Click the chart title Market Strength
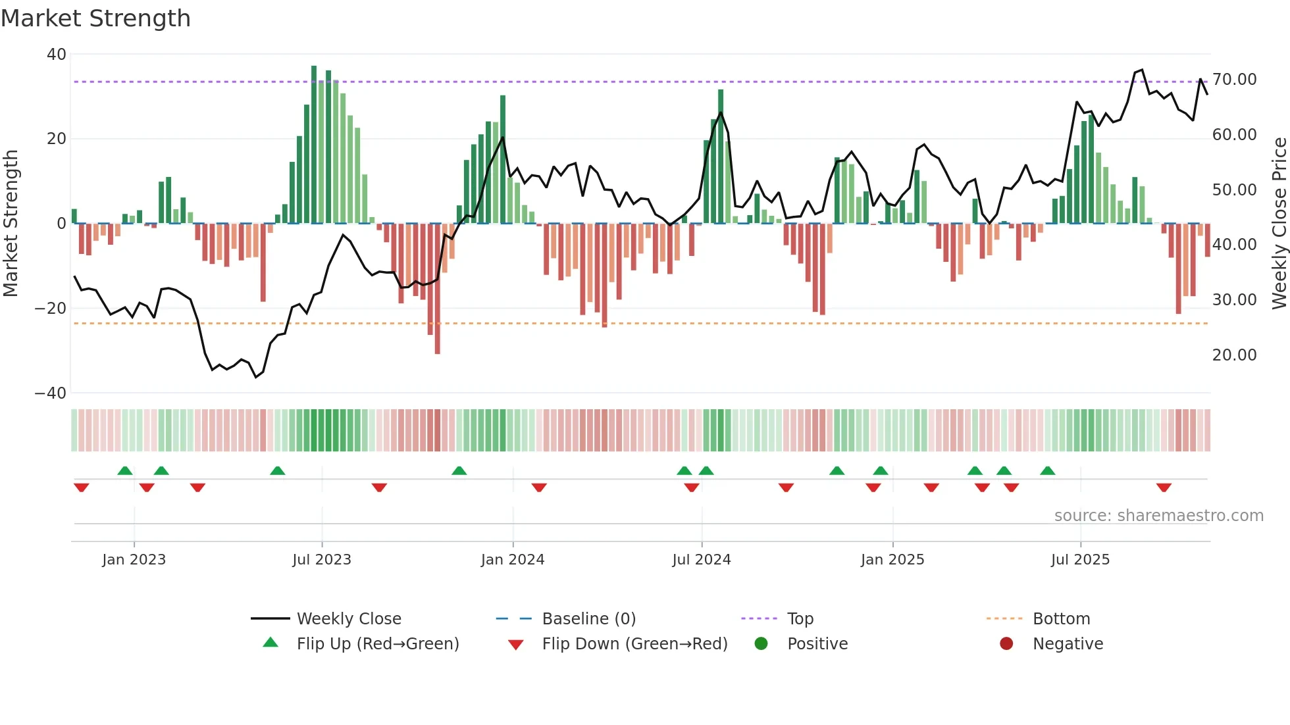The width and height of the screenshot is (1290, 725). coord(95,18)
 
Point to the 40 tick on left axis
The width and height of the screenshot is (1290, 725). coord(57,55)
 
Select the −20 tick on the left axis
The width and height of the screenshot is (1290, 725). coord(51,309)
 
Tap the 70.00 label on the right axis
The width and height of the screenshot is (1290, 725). coord(1234,80)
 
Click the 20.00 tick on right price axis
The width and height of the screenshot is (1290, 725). coord(1234,355)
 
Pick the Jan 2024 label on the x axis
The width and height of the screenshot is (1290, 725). coord(512,560)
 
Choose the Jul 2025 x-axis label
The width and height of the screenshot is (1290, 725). coord(1079,560)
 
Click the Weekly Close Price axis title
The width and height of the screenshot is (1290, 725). coord(1279,224)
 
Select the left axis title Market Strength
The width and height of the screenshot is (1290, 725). coord(11,224)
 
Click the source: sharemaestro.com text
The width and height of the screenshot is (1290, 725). coord(1158,516)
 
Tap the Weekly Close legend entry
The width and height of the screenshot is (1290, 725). coord(348,619)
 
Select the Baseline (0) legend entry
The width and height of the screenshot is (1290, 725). coord(588,619)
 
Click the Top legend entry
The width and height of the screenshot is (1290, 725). coord(800,619)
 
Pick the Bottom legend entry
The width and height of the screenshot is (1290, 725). coord(1061,619)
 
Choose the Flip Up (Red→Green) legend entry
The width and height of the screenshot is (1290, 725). coord(377,644)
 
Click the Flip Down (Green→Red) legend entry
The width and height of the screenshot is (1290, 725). coord(634,644)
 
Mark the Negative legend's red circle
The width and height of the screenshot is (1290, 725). coord(1006,644)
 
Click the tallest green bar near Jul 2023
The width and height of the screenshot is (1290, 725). coord(314,145)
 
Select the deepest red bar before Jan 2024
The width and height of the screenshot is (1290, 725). coord(438,289)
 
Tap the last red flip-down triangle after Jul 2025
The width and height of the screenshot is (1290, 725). coord(1163,488)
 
